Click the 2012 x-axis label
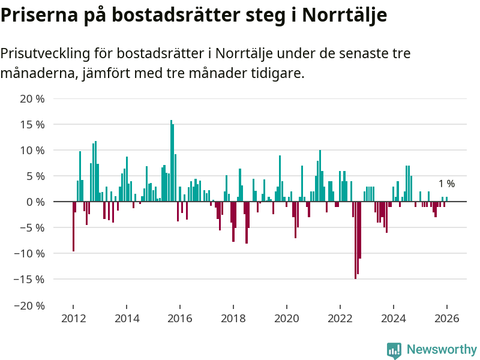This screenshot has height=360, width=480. click(73, 318)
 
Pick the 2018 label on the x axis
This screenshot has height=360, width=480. click(233, 318)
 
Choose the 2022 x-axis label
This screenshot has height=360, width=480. click(340, 318)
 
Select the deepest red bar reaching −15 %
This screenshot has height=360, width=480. click(355, 240)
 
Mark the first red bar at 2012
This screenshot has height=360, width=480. click(73, 226)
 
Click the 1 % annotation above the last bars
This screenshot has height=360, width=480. click(446, 184)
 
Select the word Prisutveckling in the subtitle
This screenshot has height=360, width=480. click(44, 53)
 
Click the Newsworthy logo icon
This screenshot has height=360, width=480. click(394, 350)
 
